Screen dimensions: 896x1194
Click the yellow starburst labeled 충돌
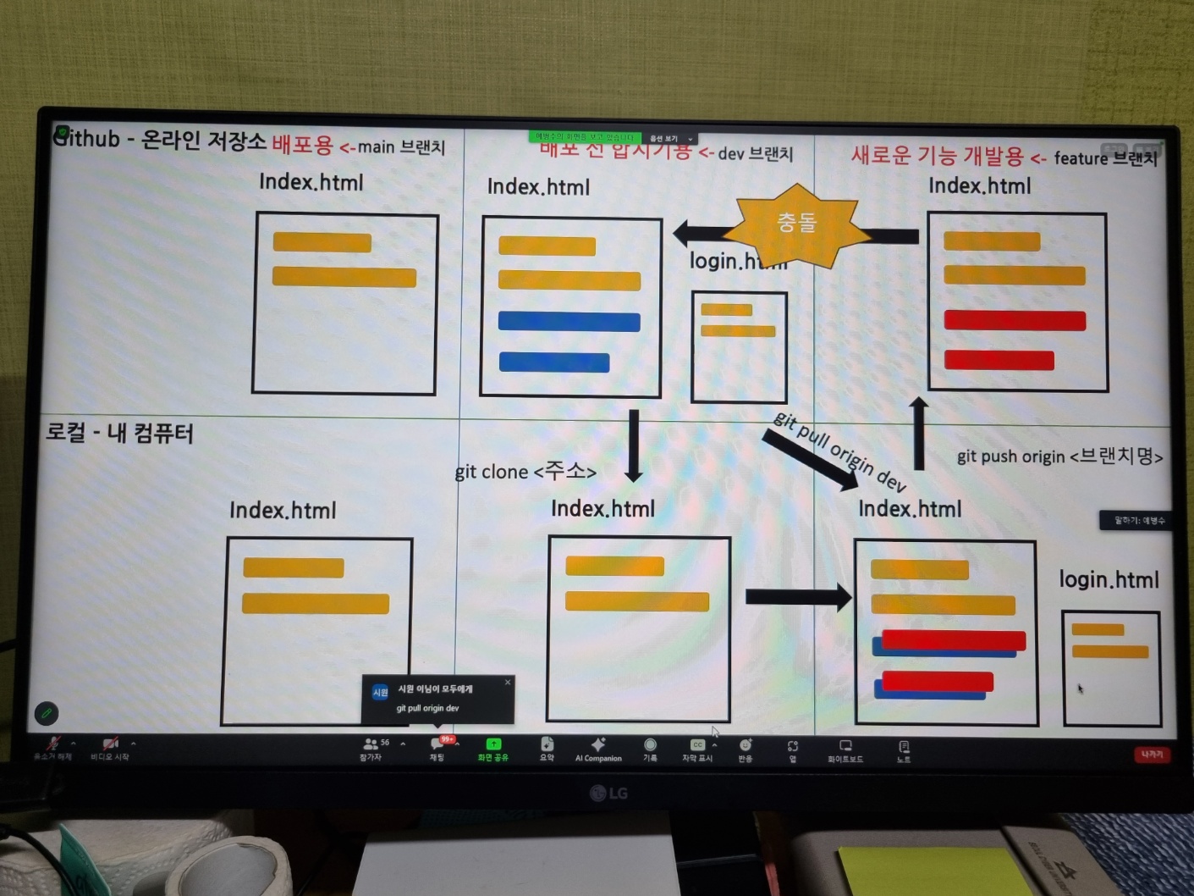tap(796, 224)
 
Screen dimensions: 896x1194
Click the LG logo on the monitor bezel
tap(608, 793)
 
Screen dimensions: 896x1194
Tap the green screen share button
tap(492, 749)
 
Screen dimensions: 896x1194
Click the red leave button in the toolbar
tap(1152, 754)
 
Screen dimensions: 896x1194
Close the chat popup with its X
tap(508, 682)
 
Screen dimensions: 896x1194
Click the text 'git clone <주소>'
tap(525, 471)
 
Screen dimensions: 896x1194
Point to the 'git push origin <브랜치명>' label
tap(1059, 456)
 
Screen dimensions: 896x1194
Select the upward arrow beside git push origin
tap(919, 432)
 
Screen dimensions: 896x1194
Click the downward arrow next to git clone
tap(633, 445)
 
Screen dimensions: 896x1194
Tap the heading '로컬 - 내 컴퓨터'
tap(119, 433)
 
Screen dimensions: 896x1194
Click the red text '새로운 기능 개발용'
tap(937, 156)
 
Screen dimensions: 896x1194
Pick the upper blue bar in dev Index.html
tap(569, 321)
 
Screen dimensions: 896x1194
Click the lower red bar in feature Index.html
tap(999, 360)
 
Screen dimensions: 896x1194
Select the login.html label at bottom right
tap(1109, 580)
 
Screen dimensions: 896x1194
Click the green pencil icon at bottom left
tap(47, 713)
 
